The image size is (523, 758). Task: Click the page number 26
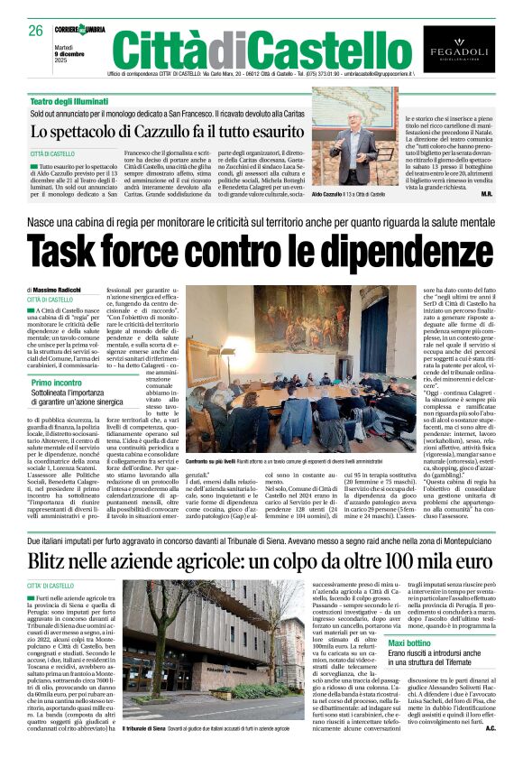coord(36,31)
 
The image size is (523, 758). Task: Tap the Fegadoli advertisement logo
coord(459,49)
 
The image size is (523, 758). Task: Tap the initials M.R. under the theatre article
coord(486,194)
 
